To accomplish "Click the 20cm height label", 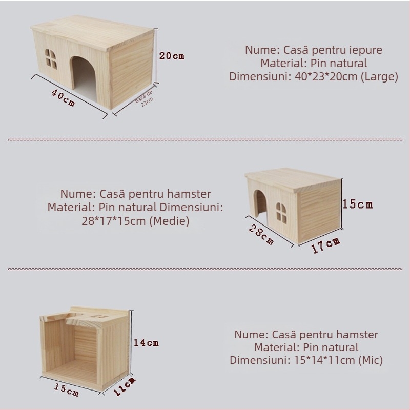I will [x=171, y=56].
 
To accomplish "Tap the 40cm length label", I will [x=63, y=97].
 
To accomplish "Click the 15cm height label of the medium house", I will [x=358, y=204].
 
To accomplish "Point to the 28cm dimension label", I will [x=261, y=232].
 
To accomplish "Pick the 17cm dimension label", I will [x=326, y=245].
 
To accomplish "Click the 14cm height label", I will [x=146, y=342].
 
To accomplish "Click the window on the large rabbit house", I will [x=52, y=59].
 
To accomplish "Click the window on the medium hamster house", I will [x=281, y=210].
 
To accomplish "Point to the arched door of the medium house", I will [x=260, y=204].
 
